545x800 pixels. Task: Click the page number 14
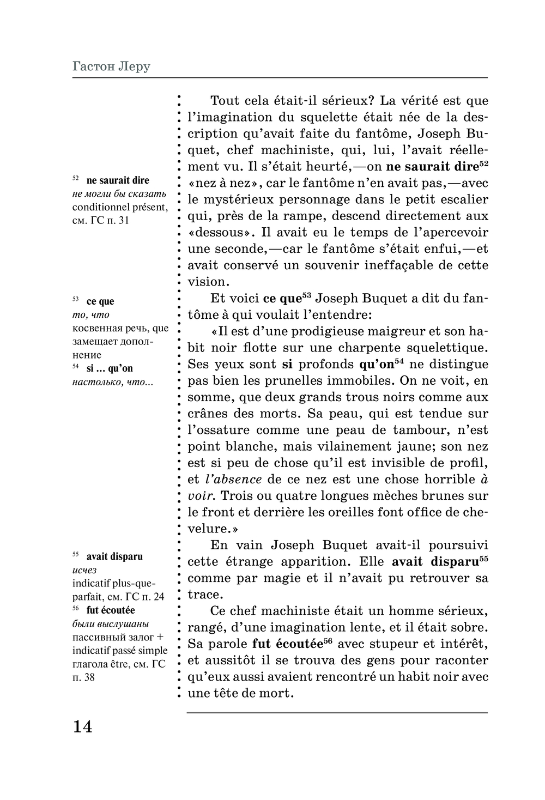coord(82,726)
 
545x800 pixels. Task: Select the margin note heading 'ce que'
coord(100,301)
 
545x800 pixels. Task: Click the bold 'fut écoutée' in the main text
coord(287,644)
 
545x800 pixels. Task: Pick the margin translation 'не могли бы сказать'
coord(119,194)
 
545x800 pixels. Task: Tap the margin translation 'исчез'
coord(84,570)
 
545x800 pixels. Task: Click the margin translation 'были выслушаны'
coord(111,624)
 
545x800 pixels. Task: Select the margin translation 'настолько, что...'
coord(113,382)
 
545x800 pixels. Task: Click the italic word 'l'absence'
coord(233,480)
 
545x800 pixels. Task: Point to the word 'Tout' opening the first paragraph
coord(225,101)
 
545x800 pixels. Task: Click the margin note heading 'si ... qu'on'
coord(110,368)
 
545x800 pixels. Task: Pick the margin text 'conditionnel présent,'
coord(120,207)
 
